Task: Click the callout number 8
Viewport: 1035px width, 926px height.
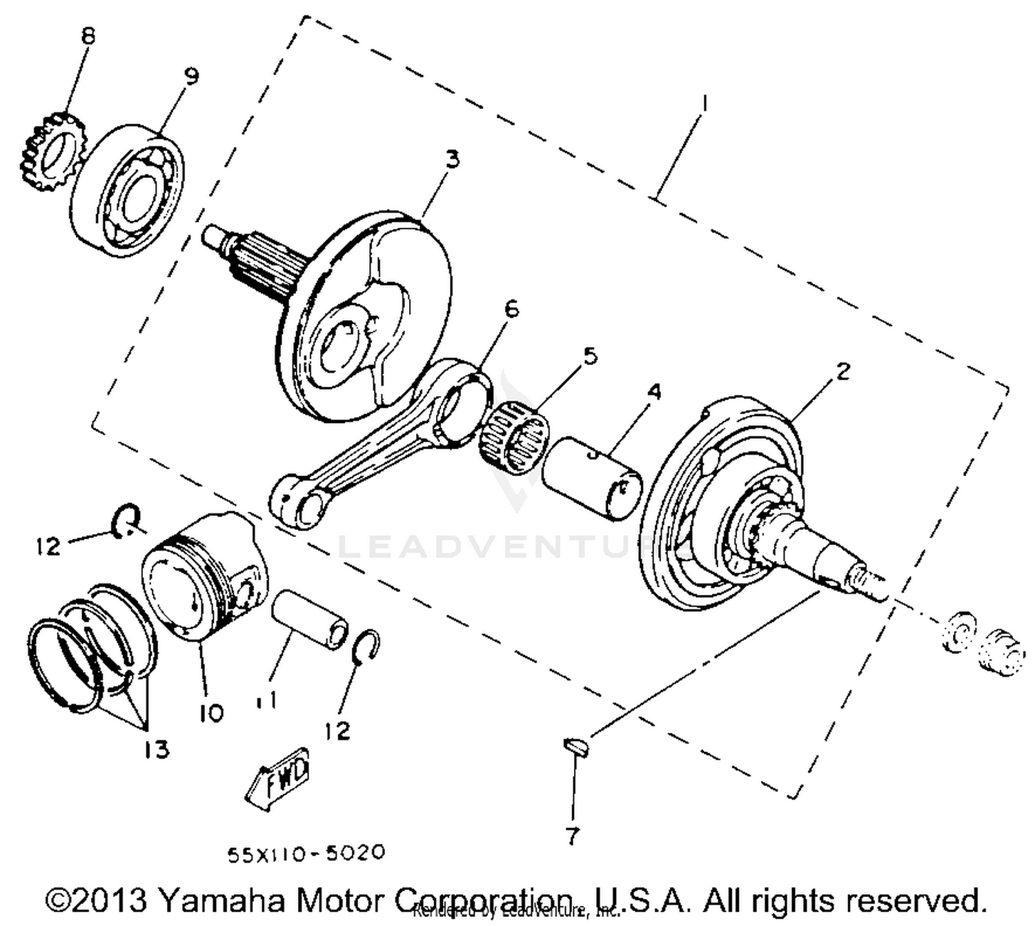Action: tap(88, 37)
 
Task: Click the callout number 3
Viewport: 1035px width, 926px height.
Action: tap(451, 159)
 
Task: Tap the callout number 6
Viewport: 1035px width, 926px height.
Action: tap(511, 309)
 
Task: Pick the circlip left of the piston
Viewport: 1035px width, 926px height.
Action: tap(127, 521)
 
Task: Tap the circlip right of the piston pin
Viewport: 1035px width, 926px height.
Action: tap(366, 648)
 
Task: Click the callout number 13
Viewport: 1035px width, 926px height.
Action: tap(157, 749)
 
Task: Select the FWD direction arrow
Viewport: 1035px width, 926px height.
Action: tap(277, 776)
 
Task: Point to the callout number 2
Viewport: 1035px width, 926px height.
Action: tap(842, 371)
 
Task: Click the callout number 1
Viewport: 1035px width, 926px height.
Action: tap(704, 104)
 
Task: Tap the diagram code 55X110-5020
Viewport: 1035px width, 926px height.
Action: tap(306, 854)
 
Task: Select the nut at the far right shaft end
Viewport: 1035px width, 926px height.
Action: tap(999, 651)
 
